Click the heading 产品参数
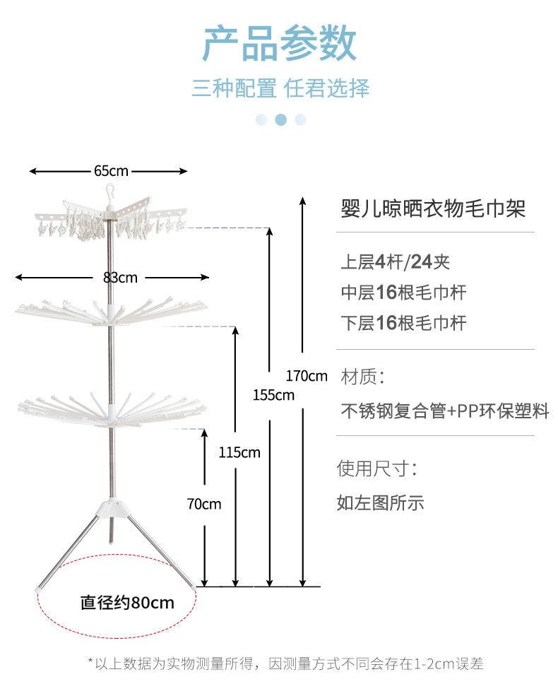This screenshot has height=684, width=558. [x=280, y=43]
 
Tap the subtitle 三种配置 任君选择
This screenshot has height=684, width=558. [x=280, y=88]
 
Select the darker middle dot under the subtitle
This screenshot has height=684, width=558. [x=280, y=119]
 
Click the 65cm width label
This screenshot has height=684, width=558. [x=110, y=171]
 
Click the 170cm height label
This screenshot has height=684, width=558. [x=307, y=375]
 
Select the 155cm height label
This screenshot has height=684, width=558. [x=273, y=394]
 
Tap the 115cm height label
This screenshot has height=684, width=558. [x=240, y=452]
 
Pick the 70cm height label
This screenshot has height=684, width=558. [x=204, y=504]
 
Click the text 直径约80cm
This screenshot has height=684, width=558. [x=126, y=603]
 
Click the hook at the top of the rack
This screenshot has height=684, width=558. [x=110, y=191]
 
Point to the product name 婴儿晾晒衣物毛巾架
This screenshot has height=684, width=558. [x=433, y=208]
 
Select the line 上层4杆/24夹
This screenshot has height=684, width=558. [x=395, y=262]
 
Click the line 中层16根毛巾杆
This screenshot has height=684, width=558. [x=403, y=293]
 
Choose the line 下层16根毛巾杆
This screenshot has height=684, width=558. [x=403, y=323]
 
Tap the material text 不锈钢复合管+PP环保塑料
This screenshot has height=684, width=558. [x=444, y=411]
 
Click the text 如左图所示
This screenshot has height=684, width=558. [x=380, y=502]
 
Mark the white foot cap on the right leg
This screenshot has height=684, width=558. [x=194, y=586]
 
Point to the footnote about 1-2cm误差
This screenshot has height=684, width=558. [x=285, y=664]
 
